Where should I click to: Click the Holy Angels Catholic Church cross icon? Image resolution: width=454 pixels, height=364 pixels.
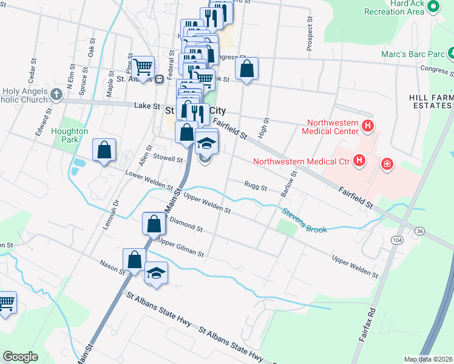point(56,94)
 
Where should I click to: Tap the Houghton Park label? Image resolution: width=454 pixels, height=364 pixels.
point(70,135)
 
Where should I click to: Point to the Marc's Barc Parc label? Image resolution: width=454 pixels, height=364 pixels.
point(412,54)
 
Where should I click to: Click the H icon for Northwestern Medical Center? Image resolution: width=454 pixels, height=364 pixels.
point(367,127)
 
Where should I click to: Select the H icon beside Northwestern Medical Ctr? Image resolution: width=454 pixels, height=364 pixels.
point(360,161)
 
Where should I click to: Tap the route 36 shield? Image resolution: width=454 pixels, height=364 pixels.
point(419,231)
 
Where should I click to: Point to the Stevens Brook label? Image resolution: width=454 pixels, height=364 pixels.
point(304,220)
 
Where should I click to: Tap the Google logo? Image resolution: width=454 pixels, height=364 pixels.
point(20,357)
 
